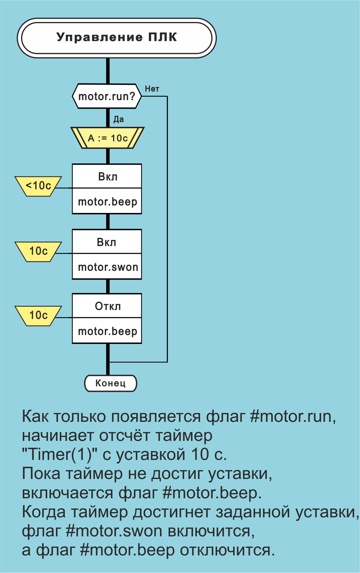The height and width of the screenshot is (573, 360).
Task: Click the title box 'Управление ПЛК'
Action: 117,38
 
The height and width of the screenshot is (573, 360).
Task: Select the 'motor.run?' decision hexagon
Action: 107,96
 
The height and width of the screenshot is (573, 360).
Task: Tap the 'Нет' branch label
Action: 152,89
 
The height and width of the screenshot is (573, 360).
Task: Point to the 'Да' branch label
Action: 119,119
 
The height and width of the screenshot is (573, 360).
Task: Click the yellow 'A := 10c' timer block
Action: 108,138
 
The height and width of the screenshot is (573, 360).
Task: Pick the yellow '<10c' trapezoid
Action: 38,186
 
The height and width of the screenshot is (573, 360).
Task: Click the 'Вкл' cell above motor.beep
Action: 107,177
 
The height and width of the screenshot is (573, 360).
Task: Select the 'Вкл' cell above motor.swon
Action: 107,242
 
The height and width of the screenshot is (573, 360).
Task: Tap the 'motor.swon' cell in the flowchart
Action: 107,267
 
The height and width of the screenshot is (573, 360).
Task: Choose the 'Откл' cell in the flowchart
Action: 107,306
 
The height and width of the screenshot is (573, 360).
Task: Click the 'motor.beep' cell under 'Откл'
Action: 107,331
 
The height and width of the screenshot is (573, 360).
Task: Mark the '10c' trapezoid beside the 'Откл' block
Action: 38,316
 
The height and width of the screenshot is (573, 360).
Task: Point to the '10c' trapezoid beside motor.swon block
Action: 38,251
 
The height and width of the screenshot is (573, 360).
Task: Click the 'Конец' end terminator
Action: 110,383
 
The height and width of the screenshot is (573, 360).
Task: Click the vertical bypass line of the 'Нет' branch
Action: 167,228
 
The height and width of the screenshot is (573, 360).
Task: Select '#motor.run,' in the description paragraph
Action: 293,416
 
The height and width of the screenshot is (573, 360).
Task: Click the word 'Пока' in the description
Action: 41,473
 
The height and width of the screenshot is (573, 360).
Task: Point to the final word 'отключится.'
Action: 227,550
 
